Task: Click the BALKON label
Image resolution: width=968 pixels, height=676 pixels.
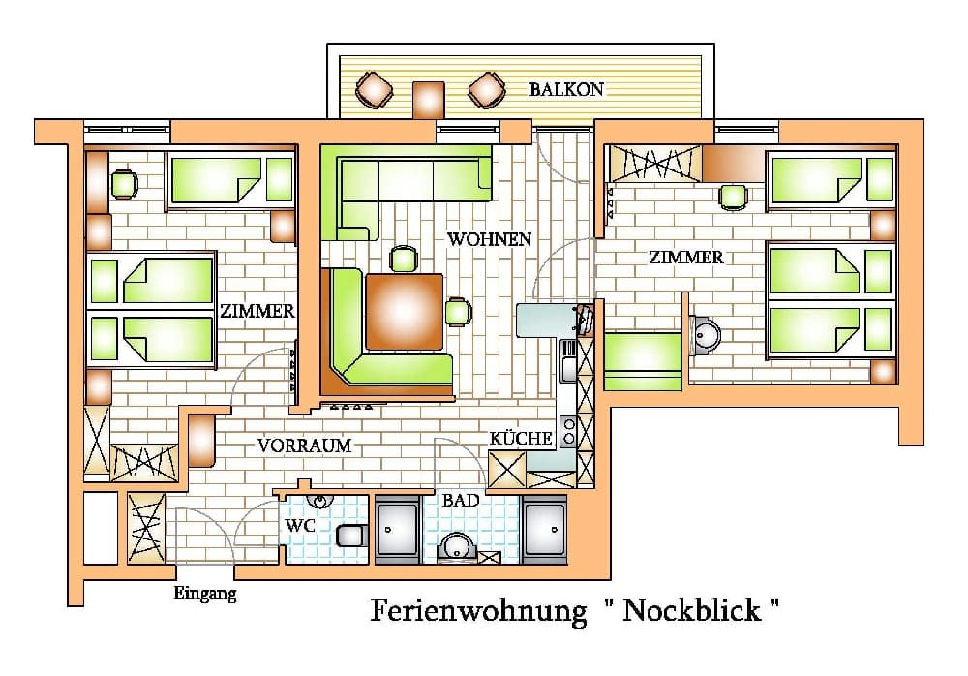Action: coord(566,90)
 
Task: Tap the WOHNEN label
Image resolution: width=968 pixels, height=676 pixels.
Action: coord(489,239)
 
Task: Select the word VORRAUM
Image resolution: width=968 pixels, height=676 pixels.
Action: coord(304,446)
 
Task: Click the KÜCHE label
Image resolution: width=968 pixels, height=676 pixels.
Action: coord(521,438)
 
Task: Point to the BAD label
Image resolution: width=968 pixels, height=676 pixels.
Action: coord(461,500)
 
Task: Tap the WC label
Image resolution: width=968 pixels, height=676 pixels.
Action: coord(300,526)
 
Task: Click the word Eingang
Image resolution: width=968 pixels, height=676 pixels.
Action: coord(205,594)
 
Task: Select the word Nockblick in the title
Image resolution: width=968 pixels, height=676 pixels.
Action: coord(692,610)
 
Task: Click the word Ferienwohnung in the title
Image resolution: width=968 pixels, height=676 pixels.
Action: coord(478,611)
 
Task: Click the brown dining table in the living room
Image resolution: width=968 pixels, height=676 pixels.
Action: coord(404,312)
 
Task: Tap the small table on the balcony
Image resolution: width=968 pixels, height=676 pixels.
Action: coord(429,99)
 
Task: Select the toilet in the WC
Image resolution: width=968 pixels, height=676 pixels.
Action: coord(352,536)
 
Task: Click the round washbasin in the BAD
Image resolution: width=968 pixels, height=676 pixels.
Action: coord(457,547)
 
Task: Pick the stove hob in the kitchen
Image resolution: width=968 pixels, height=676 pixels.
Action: coord(568,431)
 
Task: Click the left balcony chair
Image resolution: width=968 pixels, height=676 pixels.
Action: coord(374,90)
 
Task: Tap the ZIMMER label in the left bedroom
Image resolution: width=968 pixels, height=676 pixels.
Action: coord(257,311)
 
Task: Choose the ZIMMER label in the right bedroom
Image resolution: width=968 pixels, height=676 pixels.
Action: coord(686,257)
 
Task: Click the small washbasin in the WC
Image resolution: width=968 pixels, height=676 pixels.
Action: coord(320,500)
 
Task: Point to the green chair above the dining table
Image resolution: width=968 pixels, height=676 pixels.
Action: coord(404,259)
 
